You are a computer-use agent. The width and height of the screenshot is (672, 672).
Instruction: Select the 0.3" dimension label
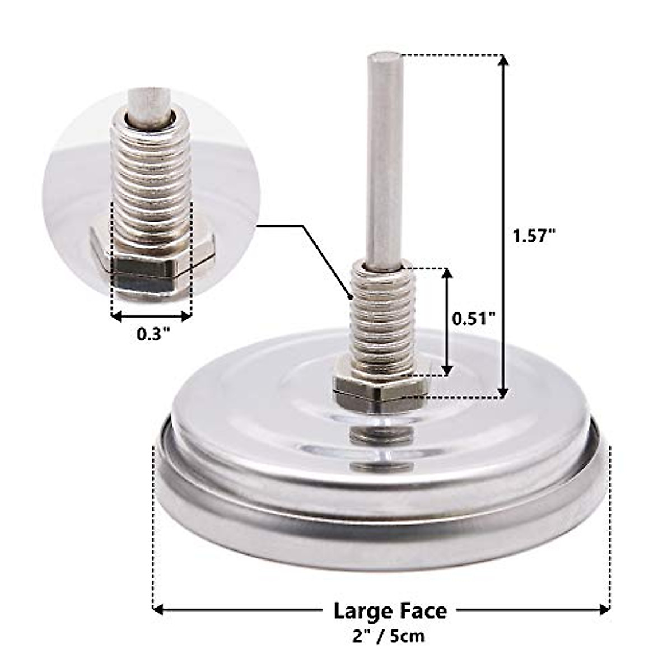[x=153, y=334]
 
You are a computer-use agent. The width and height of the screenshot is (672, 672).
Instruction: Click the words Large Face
[x=390, y=610]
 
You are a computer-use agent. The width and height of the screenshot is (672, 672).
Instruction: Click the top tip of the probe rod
[x=384, y=56]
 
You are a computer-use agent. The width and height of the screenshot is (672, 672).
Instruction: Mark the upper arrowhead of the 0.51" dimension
[x=447, y=274]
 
